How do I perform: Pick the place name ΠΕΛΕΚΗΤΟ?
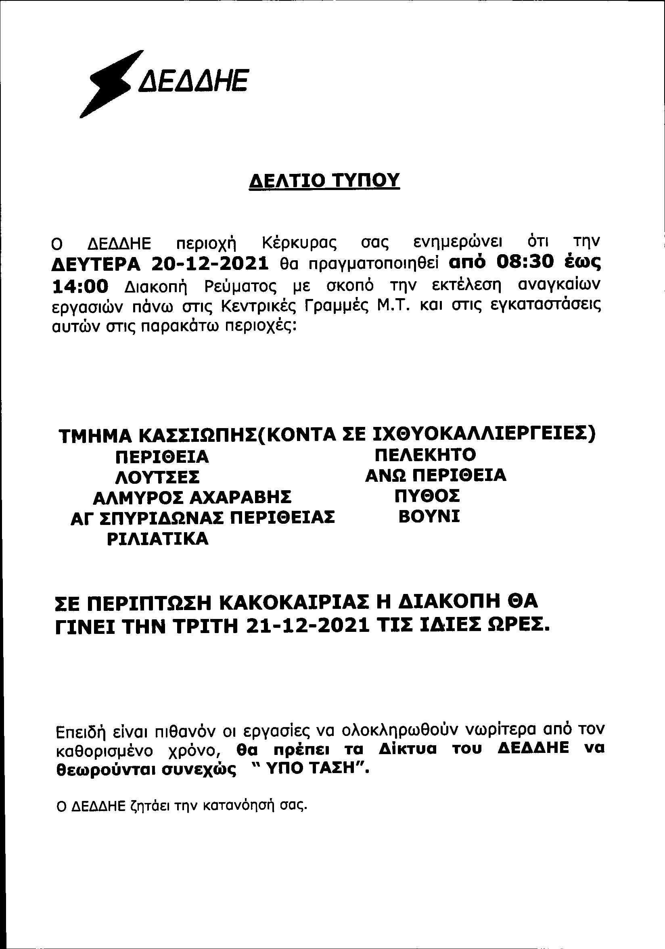(x=425, y=455)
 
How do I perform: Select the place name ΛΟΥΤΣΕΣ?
(x=157, y=477)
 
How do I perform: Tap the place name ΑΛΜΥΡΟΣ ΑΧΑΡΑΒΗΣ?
(x=192, y=497)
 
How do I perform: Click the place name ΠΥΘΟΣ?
(x=427, y=495)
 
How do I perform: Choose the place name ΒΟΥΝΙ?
(x=429, y=516)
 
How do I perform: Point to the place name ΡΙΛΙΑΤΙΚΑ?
(x=157, y=539)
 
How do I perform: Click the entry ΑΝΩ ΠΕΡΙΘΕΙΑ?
(x=436, y=475)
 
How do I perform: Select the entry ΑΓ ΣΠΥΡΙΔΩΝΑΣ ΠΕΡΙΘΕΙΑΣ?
(x=203, y=518)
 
